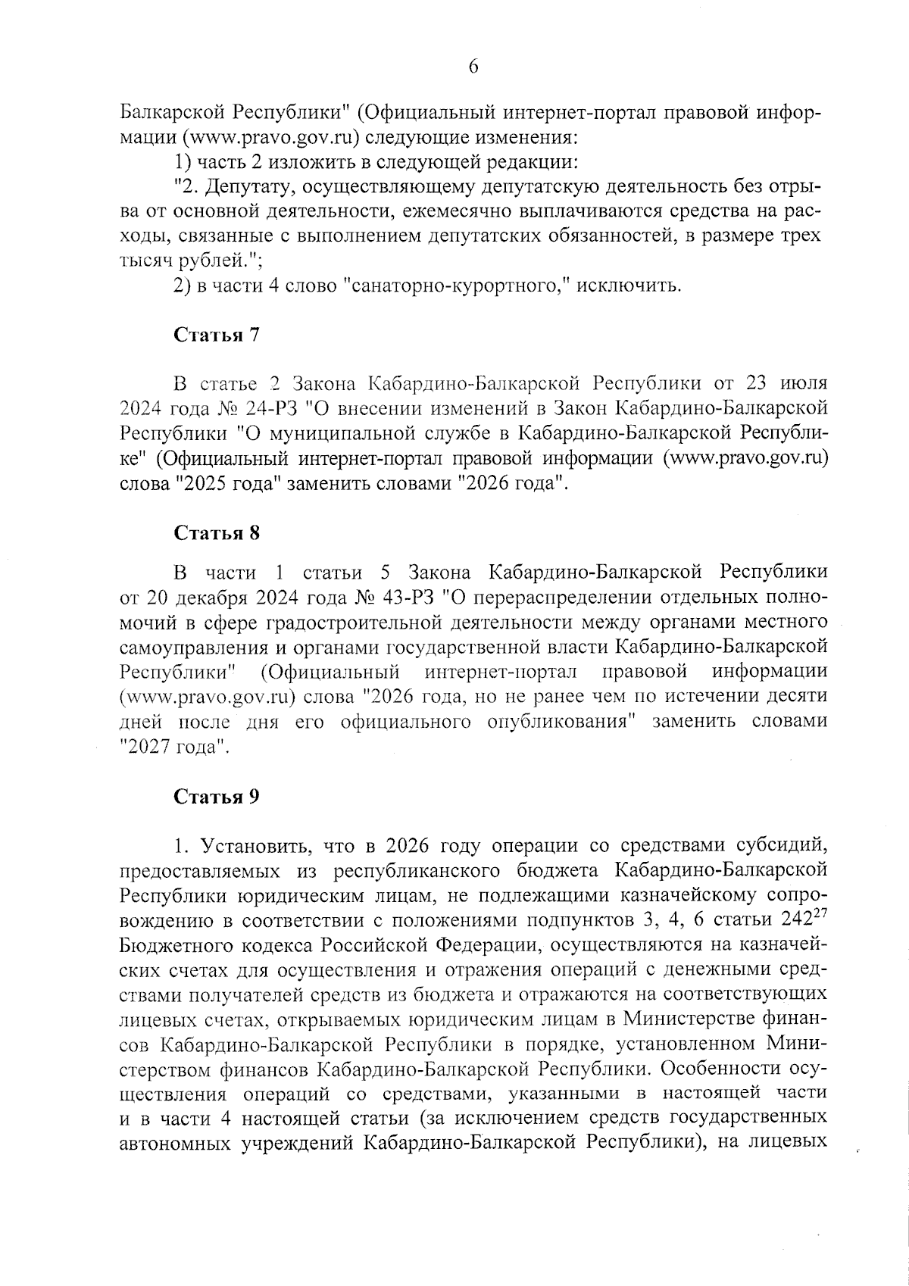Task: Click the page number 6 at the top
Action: pos(473,67)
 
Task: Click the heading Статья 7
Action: pos(217,336)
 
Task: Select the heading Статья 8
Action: pos(217,533)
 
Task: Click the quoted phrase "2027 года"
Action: pos(175,747)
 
